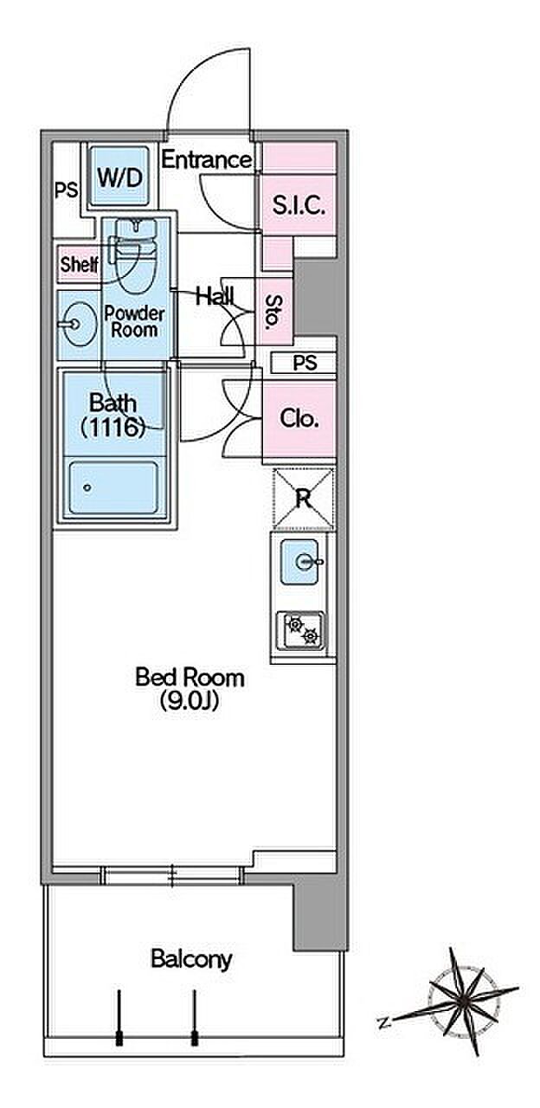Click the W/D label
119,178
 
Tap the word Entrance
207,160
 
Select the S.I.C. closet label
299,205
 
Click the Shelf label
79,265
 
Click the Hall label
215,296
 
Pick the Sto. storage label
273,312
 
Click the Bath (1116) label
112,415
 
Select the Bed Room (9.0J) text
190,688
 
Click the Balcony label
191,958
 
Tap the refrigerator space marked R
303,498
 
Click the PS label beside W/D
65,190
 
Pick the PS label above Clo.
303,364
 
